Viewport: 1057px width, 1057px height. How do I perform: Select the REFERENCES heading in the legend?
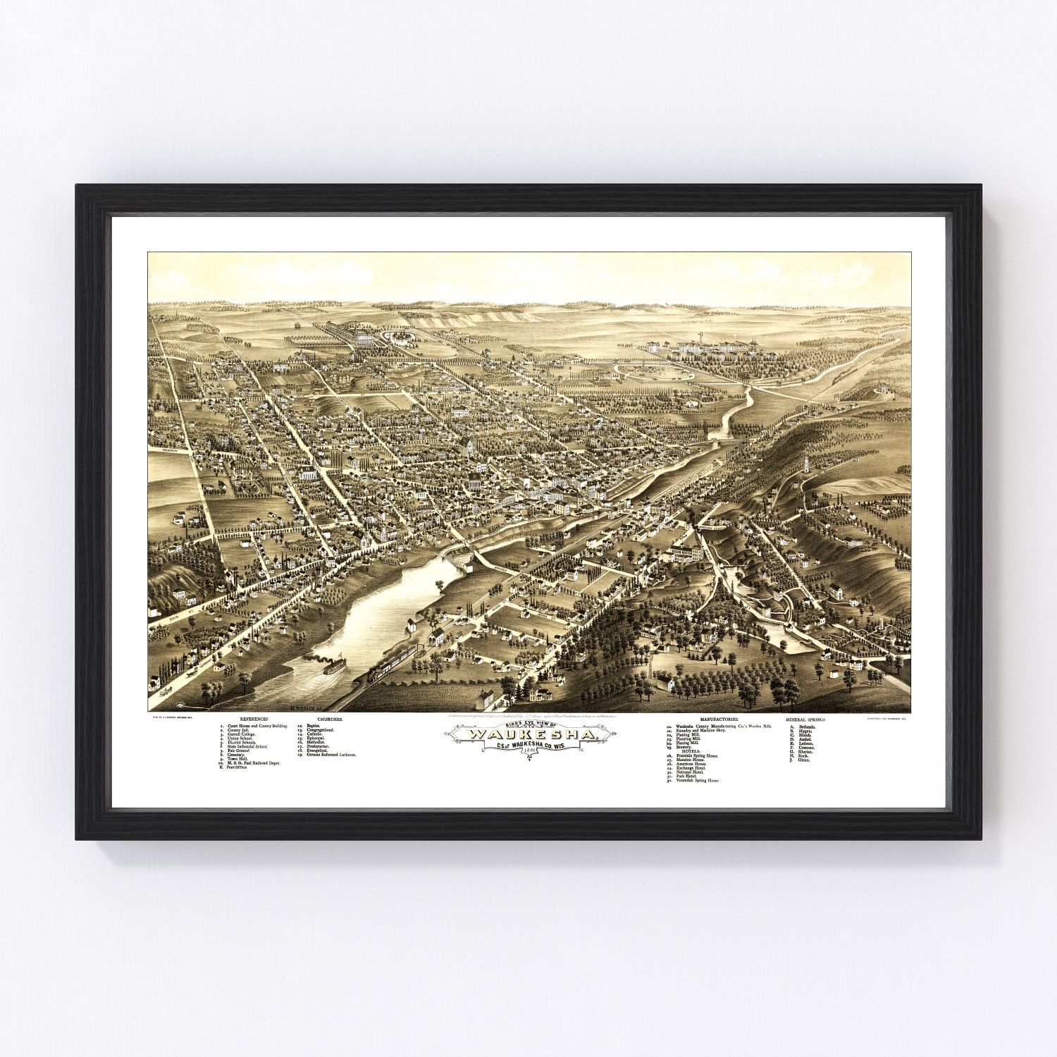(253, 719)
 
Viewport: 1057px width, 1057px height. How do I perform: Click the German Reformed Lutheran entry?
(332, 755)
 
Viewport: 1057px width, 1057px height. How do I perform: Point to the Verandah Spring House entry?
(698, 781)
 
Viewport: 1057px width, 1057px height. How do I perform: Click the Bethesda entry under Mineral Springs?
(806, 726)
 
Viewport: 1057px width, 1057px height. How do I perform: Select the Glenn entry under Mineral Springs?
(804, 761)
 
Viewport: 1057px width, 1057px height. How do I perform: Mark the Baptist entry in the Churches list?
(313, 726)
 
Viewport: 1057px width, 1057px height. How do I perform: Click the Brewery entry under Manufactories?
(684, 746)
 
